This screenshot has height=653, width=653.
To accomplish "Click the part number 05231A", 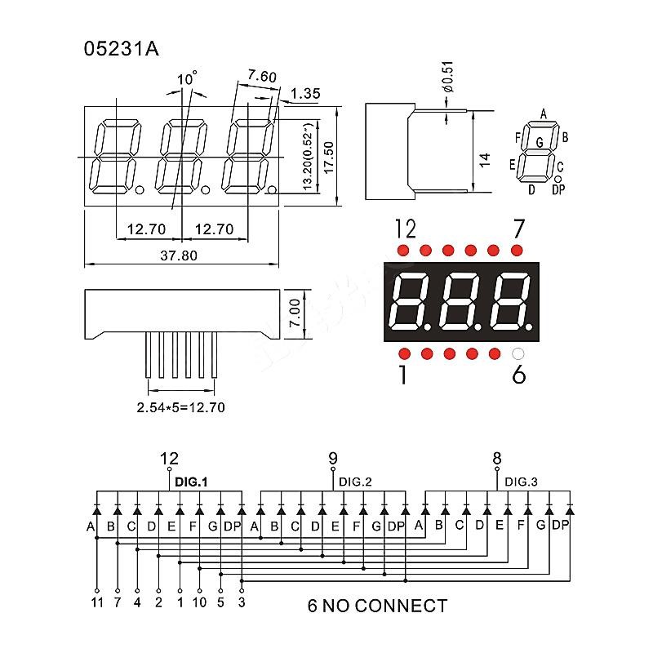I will coord(122,48).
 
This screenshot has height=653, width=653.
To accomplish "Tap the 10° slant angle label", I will coord(187,79).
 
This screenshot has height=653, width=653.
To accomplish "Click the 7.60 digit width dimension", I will coord(262,77).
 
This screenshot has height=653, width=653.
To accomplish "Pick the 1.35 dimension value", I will coord(304,94).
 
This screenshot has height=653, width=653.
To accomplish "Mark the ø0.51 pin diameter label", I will coord(447,82).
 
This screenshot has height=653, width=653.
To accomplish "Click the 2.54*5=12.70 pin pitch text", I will coord(180,406).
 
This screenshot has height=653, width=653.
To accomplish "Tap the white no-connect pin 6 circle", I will coord(516,354).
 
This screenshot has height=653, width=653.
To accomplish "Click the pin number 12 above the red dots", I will coord(406,226).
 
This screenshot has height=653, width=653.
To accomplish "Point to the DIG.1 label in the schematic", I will coord(192,482).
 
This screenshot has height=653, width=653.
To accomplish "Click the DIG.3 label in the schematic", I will coord(521,482).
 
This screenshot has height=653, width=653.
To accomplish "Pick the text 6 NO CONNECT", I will coord(377,606).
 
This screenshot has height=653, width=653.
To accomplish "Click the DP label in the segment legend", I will coord(558,190).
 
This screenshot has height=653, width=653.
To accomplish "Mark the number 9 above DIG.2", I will coord(333,459).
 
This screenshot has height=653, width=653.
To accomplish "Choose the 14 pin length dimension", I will coord(484,159).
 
